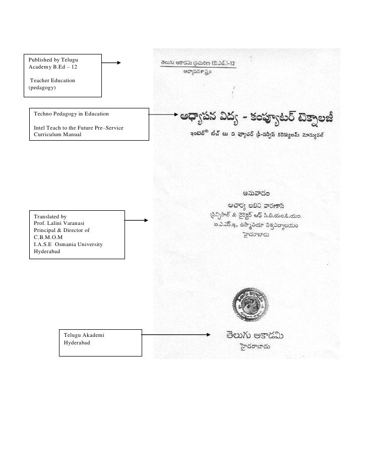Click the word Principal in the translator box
pyautogui.click(x=46, y=230)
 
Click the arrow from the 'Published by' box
pyautogui.click(x=112, y=63)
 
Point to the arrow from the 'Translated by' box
pyautogui.click(x=136, y=220)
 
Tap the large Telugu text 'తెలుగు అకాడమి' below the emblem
pyautogui.click(x=257, y=335)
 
